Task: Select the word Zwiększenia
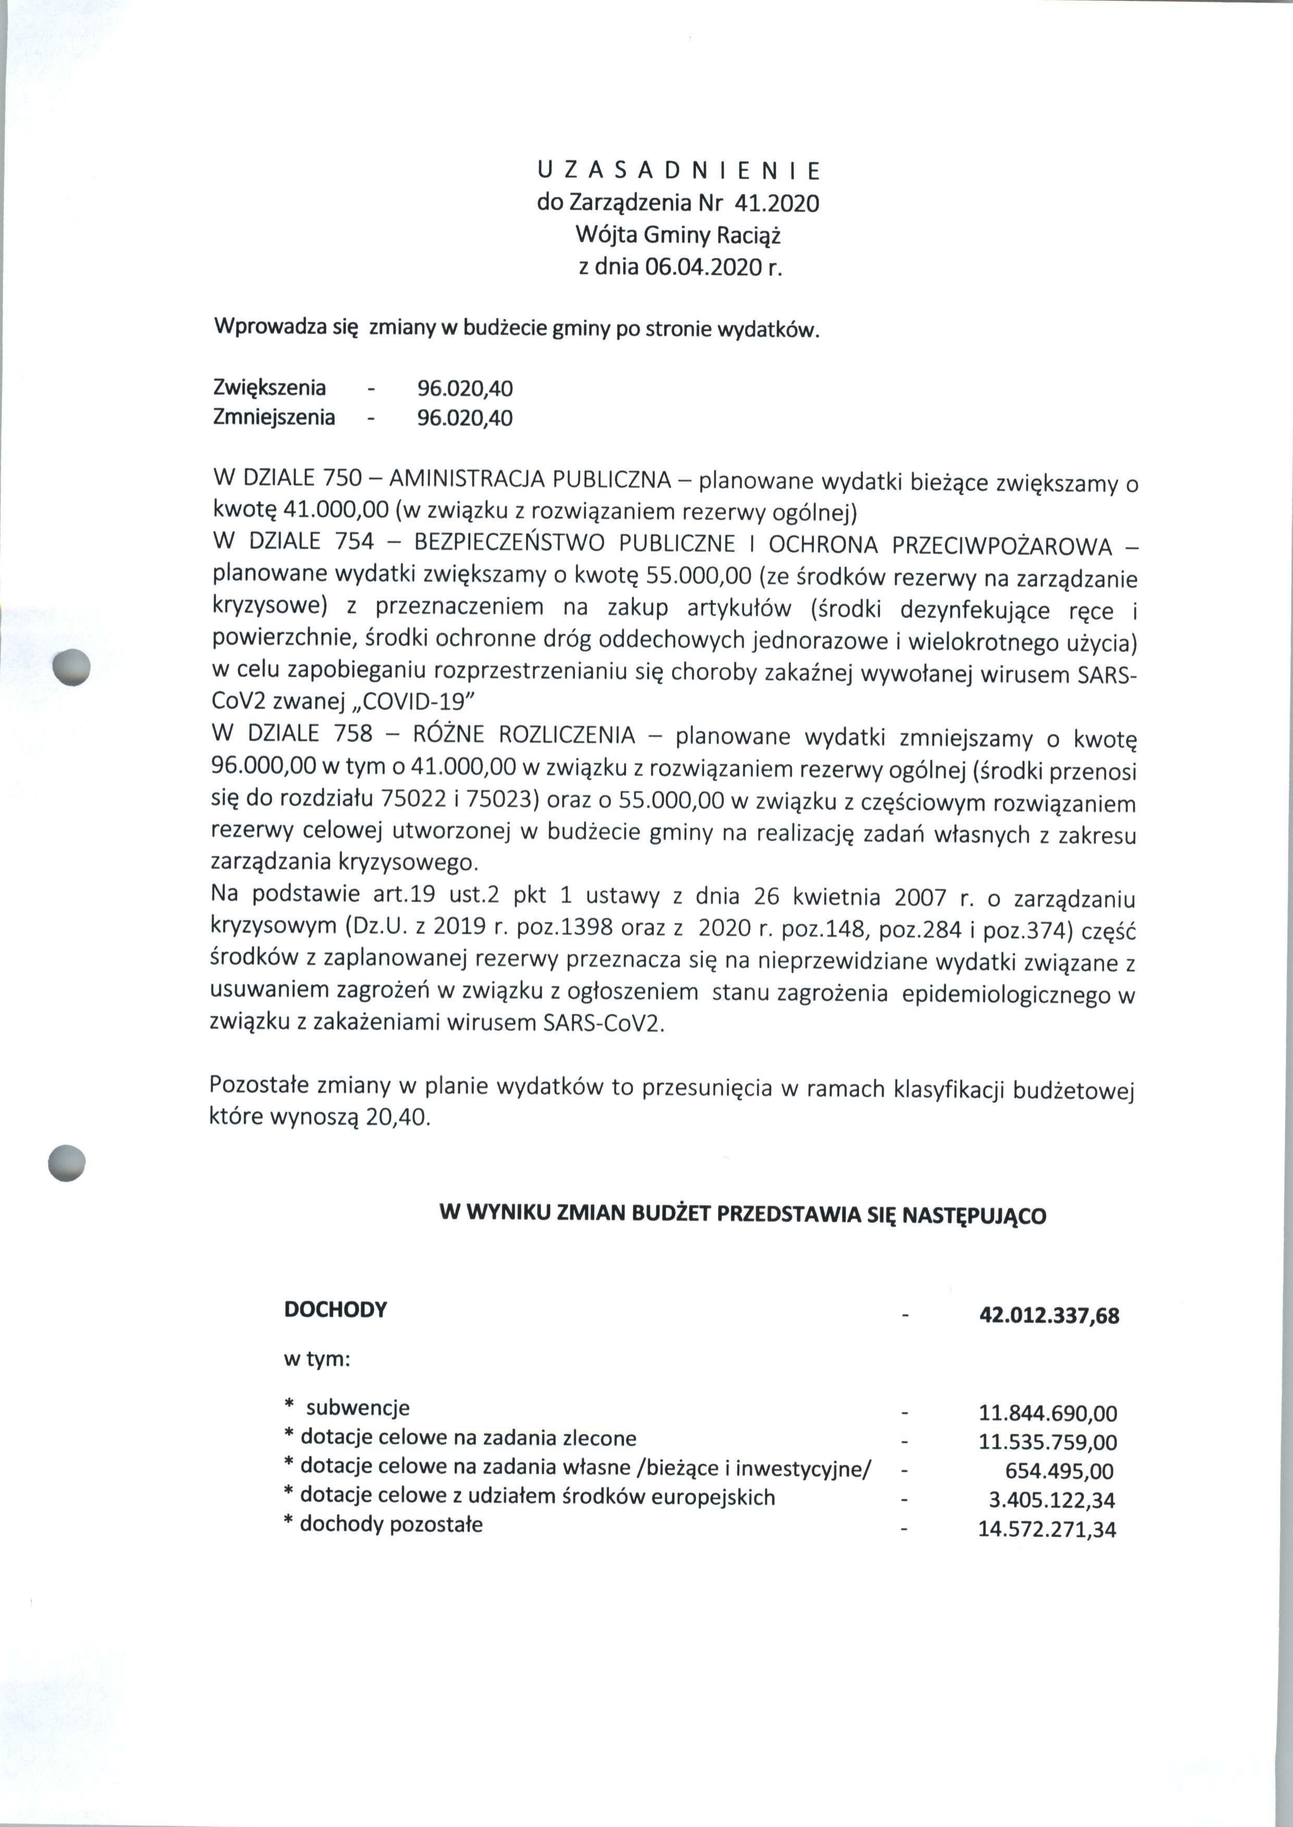[x=270, y=388]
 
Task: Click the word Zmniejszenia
[x=274, y=417]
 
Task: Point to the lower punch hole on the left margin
[x=66, y=1163]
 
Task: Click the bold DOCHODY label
[x=335, y=1310]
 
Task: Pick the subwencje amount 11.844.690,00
[x=1047, y=1414]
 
